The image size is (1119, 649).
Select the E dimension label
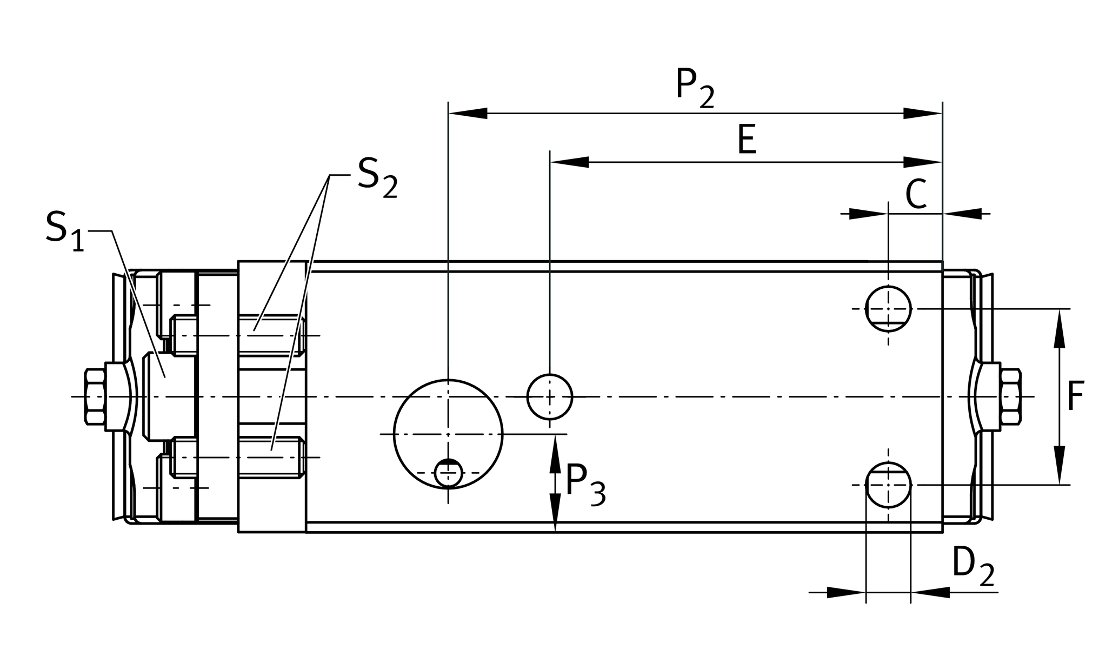747,140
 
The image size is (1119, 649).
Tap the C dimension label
916,195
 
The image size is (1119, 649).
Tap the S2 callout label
377,178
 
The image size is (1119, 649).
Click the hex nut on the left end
95,396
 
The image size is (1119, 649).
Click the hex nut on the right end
1010,396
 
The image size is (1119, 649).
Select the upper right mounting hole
888,308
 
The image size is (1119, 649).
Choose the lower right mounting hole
888,485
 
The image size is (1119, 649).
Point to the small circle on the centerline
550,396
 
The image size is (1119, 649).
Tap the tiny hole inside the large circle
448,473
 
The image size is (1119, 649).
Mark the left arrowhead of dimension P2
468,114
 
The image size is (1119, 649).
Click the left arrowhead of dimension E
569,162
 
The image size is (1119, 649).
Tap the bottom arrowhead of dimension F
1060,465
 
